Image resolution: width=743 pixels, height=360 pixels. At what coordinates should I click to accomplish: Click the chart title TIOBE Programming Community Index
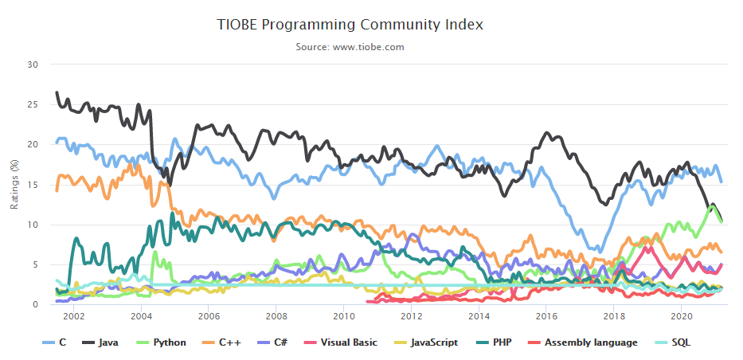point(350,25)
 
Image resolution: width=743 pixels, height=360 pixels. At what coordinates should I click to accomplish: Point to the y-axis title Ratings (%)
point(14,184)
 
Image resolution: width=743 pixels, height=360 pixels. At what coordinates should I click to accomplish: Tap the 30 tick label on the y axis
point(33,64)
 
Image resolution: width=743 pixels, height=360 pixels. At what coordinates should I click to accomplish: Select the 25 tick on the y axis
point(33,104)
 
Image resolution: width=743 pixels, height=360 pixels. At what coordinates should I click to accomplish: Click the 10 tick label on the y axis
point(33,225)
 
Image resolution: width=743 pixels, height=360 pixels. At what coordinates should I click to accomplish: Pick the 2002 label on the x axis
point(73,315)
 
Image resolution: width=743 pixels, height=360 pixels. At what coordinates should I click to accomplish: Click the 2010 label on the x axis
point(344,315)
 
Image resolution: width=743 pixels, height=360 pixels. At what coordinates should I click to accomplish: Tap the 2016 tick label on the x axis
point(546,315)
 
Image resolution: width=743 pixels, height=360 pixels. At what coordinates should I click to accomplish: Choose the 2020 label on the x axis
point(682,315)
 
